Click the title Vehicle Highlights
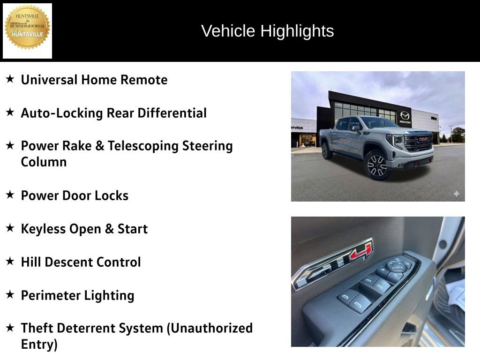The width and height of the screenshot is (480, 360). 267,31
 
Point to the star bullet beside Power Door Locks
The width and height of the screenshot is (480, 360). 10,195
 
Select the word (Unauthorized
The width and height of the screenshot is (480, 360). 210,328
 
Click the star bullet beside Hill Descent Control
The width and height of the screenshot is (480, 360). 10,261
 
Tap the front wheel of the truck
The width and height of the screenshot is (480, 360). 377,165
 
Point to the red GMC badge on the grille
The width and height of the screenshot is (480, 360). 424,139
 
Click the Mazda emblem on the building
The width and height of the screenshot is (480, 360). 405,115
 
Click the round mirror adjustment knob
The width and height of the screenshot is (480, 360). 397,265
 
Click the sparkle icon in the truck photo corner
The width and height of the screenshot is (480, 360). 456,194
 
